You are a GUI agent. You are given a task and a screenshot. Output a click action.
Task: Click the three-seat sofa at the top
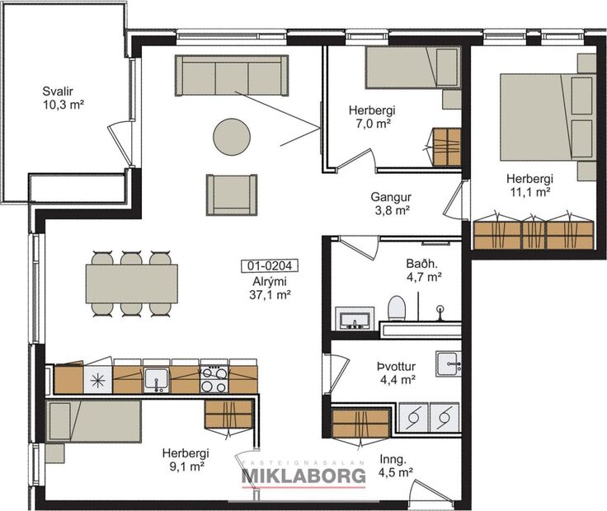(232, 76)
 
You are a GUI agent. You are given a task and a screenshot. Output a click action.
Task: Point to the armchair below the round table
(232, 195)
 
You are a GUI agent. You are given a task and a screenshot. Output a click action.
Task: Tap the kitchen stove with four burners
(214, 379)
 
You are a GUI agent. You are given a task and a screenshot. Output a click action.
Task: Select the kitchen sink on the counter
(156, 379)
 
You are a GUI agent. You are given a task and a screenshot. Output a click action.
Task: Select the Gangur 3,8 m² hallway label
(390, 204)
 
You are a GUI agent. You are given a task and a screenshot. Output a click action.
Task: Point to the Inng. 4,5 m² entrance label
(395, 466)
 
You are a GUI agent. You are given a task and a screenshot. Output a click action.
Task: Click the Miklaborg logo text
(303, 476)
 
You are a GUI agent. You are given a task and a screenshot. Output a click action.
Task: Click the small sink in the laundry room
(448, 363)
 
